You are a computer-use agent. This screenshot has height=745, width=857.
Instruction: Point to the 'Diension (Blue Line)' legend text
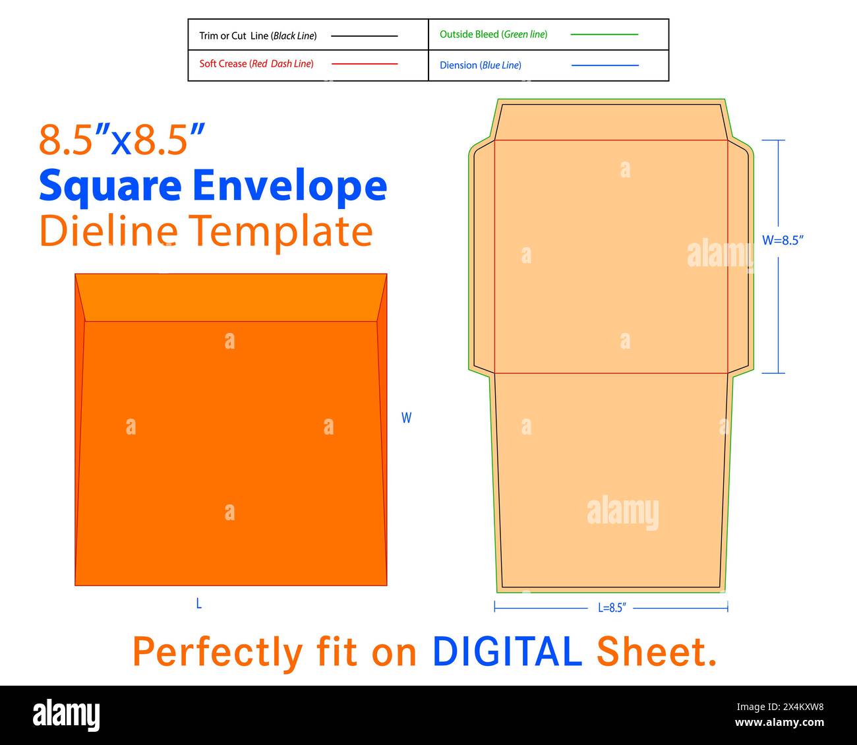[481, 65]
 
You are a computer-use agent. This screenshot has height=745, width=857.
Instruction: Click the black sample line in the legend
[365, 36]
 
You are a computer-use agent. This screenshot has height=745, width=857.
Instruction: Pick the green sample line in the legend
[605, 34]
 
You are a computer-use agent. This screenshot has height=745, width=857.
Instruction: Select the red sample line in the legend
[365, 64]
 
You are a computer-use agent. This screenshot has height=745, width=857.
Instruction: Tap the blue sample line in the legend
[605, 65]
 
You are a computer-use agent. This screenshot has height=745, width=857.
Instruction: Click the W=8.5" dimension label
[783, 241]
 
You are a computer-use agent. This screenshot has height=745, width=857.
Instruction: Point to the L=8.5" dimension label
[612, 608]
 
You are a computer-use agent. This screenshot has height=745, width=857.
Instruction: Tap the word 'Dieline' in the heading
[109, 231]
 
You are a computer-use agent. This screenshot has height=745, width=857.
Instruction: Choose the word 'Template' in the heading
[281, 233]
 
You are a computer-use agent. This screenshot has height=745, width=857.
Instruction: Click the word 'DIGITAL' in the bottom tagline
[507, 651]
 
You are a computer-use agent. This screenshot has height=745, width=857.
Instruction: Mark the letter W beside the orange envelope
[406, 417]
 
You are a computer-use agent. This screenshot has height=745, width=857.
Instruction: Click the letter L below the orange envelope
[199, 603]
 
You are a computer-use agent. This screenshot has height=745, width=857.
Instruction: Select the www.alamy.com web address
[779, 722]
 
